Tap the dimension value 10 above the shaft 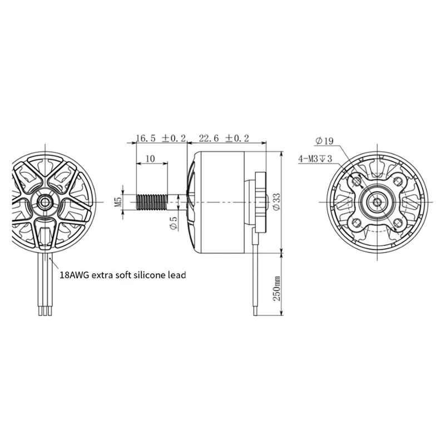click(150, 159)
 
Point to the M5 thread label click(118, 201)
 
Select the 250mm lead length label click(276, 289)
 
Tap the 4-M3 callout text click(315, 159)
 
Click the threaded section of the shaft click(151, 201)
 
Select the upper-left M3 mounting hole click(356, 180)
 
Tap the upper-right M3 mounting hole click(398, 180)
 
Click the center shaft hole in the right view click(377, 201)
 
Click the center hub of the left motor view click(44, 200)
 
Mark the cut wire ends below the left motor click(44, 313)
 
